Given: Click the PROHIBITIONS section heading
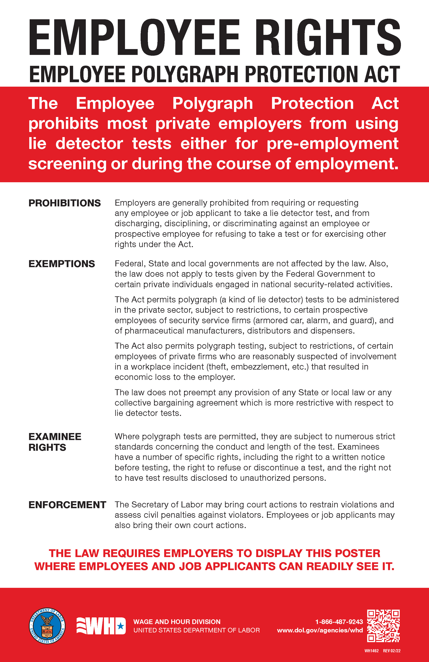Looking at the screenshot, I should [65, 203].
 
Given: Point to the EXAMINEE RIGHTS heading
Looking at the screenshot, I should [55, 442].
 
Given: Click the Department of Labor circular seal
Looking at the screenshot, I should [47, 626].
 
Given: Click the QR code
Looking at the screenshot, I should [383, 626].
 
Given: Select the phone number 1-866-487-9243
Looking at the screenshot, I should [339, 622].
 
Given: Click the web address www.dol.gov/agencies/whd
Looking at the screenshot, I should [320, 630].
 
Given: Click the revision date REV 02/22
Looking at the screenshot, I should [392, 651].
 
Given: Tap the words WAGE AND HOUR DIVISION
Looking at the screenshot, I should [177, 622].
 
